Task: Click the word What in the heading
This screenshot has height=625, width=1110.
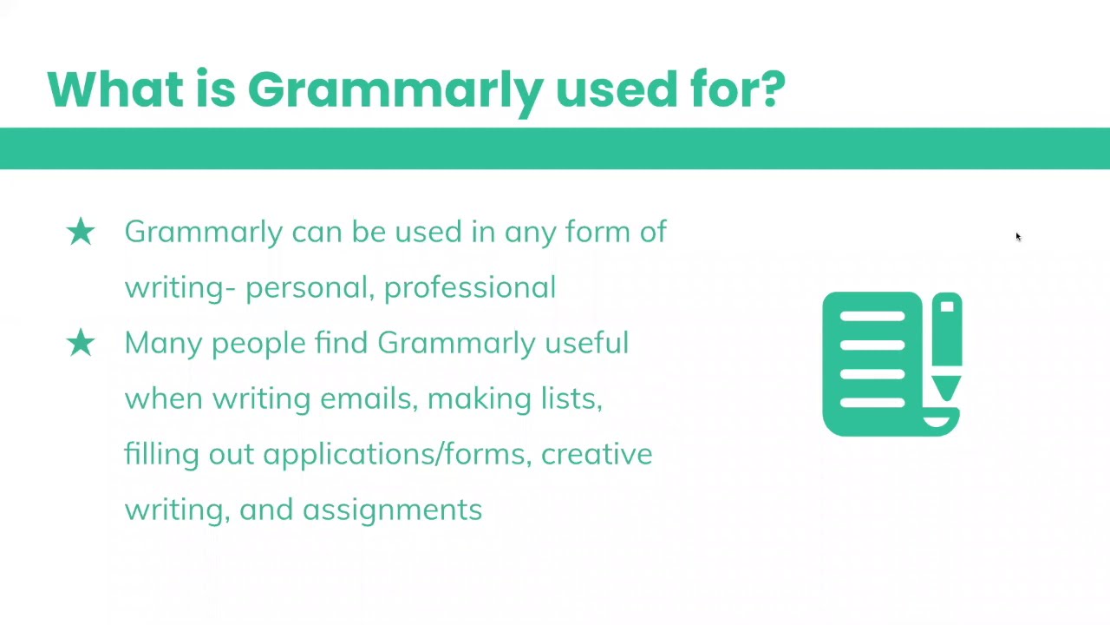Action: click(x=115, y=89)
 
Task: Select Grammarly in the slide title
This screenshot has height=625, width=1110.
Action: click(x=395, y=93)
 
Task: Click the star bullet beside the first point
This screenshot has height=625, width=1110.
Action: click(x=81, y=232)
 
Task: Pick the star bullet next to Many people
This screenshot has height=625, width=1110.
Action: click(x=81, y=343)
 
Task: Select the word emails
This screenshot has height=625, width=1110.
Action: click(x=366, y=398)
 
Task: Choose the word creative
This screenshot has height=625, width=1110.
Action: click(x=597, y=454)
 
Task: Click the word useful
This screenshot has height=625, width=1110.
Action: click(x=587, y=342)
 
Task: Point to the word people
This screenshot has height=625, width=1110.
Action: click(x=258, y=344)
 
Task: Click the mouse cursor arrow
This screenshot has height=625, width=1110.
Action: click(x=1018, y=237)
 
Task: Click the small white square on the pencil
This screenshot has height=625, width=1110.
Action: click(x=947, y=306)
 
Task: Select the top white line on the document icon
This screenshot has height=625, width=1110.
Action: click(x=872, y=316)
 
